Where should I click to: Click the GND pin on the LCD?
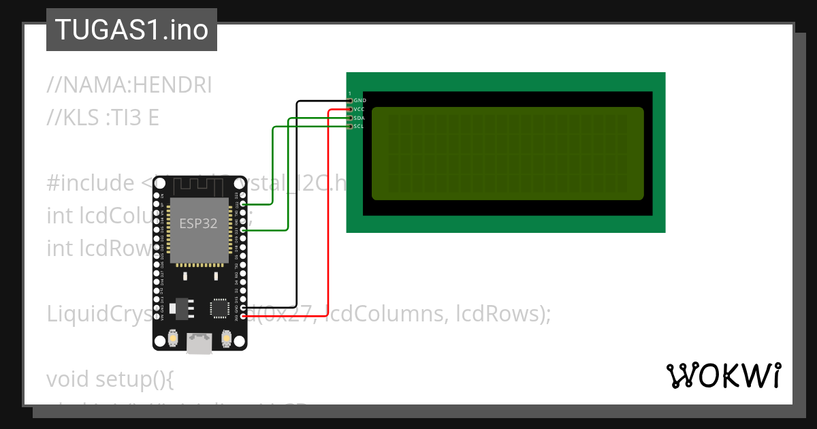coord(350,101)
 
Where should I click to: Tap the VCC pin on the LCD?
coord(350,109)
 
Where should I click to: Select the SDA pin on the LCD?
coord(350,118)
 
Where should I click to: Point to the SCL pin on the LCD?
coord(350,126)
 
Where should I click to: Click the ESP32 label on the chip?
coord(198,224)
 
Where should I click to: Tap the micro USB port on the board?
coord(199,344)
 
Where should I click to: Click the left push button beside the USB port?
coord(173,338)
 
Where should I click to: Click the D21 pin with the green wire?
coord(243,230)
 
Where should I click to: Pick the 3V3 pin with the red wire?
coord(243,316)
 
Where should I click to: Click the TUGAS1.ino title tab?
coord(131,30)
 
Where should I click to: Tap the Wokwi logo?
coord(723,376)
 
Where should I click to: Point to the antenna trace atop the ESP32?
coord(198,185)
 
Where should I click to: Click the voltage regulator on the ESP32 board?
coord(180,308)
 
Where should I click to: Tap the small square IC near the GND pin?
coord(220,307)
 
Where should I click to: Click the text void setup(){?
coord(110,379)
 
